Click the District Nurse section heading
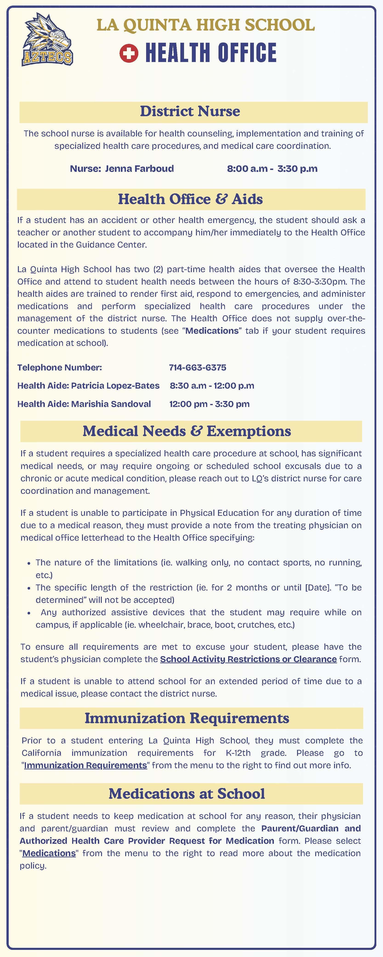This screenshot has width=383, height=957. [190, 111]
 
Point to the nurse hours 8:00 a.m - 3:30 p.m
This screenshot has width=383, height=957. [272, 169]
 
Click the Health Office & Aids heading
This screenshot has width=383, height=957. [190, 199]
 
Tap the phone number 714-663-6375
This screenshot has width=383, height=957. [197, 367]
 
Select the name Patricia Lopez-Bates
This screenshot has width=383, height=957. [115, 386]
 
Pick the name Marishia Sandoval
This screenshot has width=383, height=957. [111, 404]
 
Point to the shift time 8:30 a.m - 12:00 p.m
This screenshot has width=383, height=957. [212, 386]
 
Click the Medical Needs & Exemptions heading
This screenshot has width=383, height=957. [187, 431]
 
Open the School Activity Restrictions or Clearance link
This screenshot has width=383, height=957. [248, 659]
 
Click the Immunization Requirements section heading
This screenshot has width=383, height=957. [187, 718]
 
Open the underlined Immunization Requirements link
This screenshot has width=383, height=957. [85, 765]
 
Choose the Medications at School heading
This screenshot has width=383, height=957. [187, 793]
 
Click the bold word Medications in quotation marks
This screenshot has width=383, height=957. [212, 331]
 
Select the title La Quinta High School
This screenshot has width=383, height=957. [205, 25]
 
